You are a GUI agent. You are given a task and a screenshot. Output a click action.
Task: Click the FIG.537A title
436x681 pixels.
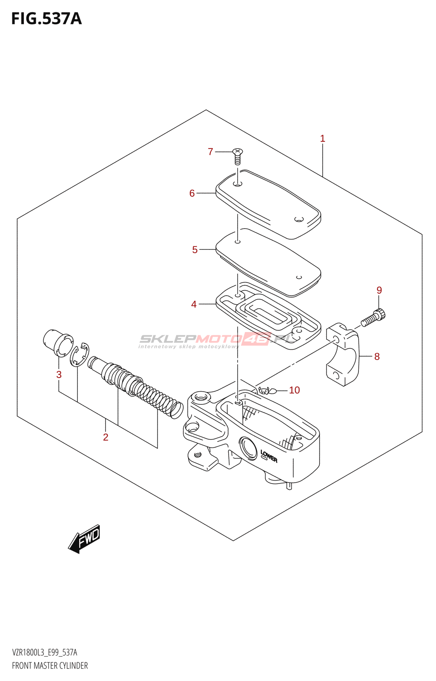46,19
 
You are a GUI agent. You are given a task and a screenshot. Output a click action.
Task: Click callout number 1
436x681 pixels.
323,138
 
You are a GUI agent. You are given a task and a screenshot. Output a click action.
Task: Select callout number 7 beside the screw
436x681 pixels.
210,152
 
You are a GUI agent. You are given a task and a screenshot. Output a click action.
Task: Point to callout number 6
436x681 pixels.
192,193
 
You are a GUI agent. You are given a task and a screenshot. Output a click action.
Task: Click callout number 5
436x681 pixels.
195,250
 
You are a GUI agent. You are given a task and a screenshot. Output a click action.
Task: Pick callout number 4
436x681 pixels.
194,304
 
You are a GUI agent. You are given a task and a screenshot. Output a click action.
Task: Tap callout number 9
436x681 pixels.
379,290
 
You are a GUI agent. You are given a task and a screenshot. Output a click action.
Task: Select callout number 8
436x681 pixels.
377,357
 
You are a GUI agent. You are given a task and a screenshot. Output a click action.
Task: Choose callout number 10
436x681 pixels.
294,390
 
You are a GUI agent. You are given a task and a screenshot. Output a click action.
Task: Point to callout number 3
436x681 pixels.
59,375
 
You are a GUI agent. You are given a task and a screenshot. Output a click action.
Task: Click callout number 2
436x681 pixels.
106,437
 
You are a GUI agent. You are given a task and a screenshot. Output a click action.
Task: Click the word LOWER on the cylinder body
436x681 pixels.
269,456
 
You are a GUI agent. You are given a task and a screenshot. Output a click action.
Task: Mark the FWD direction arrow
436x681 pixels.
85,538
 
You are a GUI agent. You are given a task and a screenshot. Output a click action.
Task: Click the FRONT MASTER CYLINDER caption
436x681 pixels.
50,666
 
